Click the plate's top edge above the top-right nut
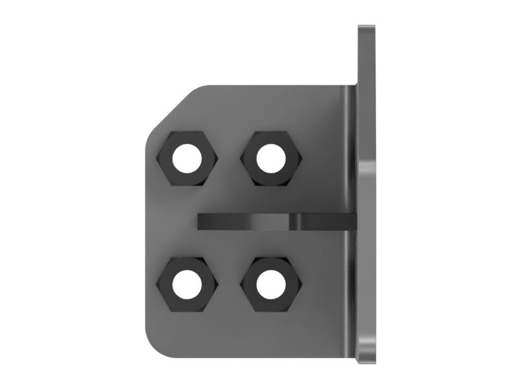pyautogui.click(x=270, y=87)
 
